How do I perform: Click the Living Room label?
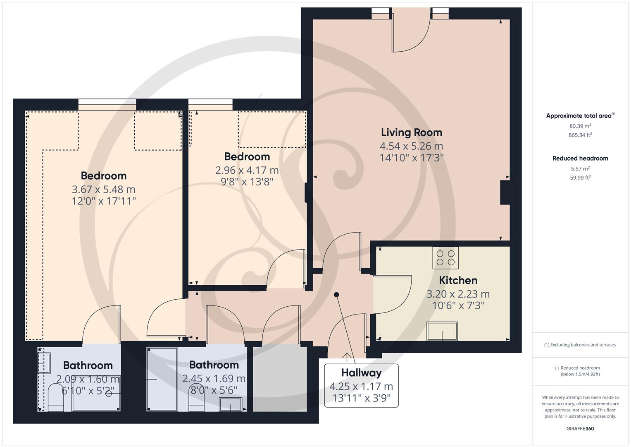(411, 132)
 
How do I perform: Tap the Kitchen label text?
(458, 280)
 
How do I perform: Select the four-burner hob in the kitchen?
(445, 257)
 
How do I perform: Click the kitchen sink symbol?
(442, 331)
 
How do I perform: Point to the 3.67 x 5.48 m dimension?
(103, 190)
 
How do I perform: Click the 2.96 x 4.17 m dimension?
(247, 170)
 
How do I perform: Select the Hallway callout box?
(361, 385)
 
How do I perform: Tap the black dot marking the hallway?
(336, 295)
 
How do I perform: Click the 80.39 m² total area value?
(580, 126)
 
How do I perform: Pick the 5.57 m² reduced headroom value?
(580, 168)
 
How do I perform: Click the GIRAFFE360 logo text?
(580, 428)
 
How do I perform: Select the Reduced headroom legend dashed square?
(557, 368)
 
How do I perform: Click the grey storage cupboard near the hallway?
(280, 379)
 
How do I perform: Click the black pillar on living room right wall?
(505, 192)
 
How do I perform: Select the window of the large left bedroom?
(107, 104)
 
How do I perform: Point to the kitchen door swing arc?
(397, 294)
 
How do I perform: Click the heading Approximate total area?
(579, 116)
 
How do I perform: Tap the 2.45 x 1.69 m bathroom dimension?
(214, 378)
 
